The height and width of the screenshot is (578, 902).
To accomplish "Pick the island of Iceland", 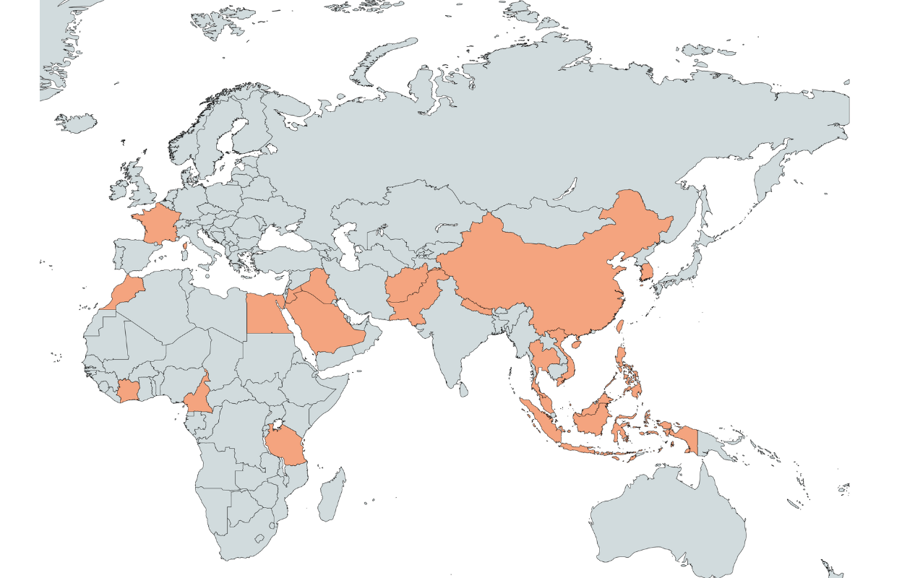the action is (x=76, y=122).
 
